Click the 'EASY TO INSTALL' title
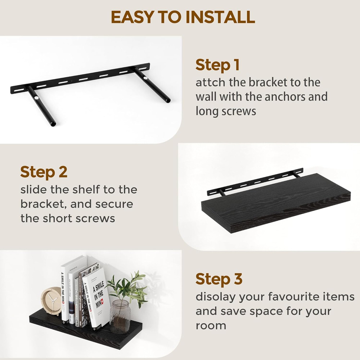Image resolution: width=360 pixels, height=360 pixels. coord(183,17)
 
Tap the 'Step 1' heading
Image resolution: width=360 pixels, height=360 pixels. coord(217,65)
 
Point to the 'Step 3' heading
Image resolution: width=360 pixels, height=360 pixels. coord(219,279)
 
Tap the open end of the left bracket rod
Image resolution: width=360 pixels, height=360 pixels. coord(53,124)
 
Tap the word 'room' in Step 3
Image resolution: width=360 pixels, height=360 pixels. coord(211,326)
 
